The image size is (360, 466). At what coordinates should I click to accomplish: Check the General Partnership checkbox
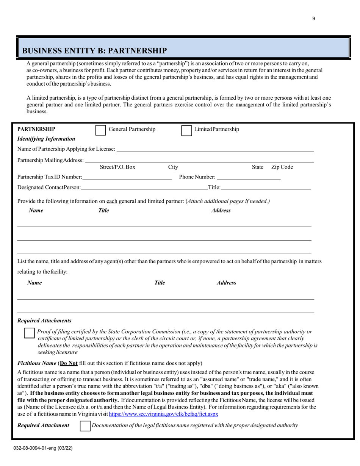[100, 130]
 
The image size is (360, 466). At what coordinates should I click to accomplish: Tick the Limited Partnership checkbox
[186, 130]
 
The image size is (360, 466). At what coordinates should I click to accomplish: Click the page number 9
[314, 19]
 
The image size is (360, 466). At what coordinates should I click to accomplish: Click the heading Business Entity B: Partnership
[94, 51]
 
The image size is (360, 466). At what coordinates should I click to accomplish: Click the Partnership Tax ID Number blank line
[127, 177]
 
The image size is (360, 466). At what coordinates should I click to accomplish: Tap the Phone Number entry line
[249, 177]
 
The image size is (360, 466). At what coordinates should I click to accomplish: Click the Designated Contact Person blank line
[144, 187]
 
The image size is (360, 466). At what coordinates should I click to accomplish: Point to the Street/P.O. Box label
[117, 167]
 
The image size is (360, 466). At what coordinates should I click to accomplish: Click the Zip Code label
[282, 167]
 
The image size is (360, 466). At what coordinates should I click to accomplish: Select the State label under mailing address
[258, 167]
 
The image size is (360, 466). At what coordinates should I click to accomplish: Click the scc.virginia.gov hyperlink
[163, 414]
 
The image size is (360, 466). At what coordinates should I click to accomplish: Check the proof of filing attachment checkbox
[29, 333]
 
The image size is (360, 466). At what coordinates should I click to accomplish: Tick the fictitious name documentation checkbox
[85, 426]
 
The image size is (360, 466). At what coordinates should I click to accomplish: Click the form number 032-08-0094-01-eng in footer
[41, 448]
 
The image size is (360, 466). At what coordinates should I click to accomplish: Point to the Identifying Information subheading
[46, 139]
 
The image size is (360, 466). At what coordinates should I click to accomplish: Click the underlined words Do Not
[69, 363]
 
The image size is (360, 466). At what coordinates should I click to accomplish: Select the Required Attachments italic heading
[44, 321]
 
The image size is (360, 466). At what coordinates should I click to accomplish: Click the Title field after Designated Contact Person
[266, 187]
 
